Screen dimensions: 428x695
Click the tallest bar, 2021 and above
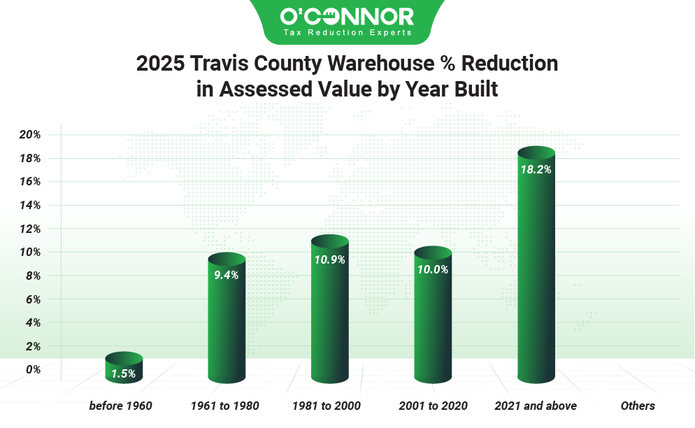point(536,266)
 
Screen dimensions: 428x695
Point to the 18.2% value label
point(536,169)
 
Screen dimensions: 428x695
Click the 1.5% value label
point(124,373)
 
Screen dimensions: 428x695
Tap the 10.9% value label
point(329,259)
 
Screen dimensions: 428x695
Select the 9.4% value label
point(227,275)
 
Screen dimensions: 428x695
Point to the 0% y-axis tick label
point(32,369)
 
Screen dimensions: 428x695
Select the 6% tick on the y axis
point(32,299)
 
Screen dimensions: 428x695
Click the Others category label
point(638,406)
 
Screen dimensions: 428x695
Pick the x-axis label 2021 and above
point(536,406)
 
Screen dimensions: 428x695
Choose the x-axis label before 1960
point(120,406)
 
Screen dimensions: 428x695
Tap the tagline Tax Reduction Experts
point(347,33)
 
